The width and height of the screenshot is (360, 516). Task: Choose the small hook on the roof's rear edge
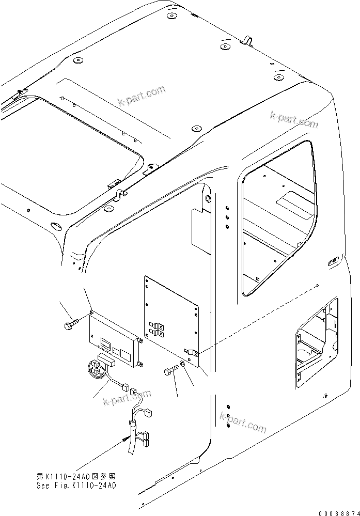(247, 40)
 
